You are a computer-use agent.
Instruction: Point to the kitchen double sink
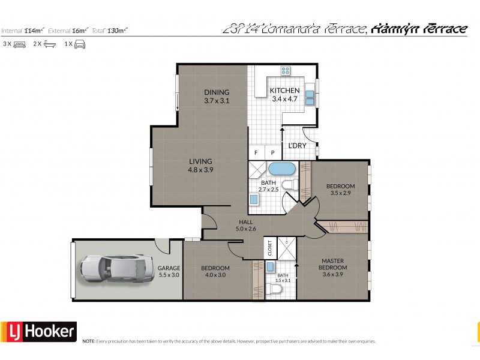(x=310, y=97)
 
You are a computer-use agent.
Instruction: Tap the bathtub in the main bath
(x=280, y=169)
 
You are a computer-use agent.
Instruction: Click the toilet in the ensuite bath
(x=277, y=290)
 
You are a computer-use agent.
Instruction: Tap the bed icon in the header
(x=19, y=44)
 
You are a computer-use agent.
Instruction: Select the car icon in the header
(x=79, y=44)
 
